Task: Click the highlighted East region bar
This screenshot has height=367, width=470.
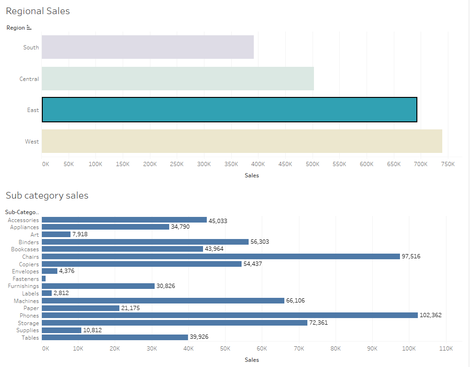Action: (229, 110)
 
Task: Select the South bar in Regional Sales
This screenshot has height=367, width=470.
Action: (148, 47)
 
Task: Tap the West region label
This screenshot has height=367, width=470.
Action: (32, 142)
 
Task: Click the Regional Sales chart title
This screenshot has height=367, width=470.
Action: (38, 11)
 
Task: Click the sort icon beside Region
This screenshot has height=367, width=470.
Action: (29, 28)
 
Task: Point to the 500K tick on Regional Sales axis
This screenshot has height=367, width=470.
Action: (313, 164)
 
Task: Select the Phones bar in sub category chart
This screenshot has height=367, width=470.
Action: (229, 315)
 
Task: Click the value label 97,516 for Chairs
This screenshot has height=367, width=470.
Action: (412, 256)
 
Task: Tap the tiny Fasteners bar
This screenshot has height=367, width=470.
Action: (44, 279)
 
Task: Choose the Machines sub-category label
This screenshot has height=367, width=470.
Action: (26, 301)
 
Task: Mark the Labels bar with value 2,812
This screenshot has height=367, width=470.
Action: (47, 293)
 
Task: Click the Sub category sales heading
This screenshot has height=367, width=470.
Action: (47, 195)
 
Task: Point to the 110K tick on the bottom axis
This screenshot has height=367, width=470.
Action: (446, 349)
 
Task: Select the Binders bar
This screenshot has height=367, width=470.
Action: (145, 242)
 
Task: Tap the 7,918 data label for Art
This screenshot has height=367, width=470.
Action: (80, 234)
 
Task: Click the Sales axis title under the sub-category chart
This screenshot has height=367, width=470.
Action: (252, 360)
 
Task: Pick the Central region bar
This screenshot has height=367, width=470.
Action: (178, 79)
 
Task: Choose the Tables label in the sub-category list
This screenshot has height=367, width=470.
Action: (30, 337)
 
